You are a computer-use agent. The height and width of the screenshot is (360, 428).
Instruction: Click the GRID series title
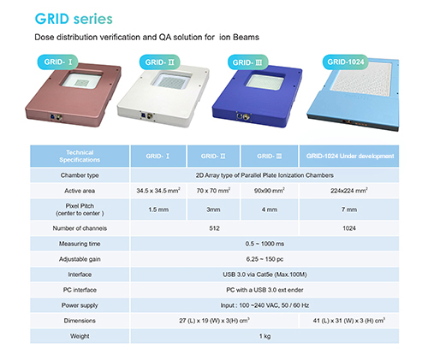[x=74, y=19]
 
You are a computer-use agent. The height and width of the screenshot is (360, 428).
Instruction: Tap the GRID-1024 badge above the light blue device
[x=346, y=62]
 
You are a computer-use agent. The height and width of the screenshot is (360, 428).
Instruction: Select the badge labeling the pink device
[x=57, y=62]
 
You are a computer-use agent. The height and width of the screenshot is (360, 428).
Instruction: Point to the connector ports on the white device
[x=146, y=115]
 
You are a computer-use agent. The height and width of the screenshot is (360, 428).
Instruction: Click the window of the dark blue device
[x=265, y=81]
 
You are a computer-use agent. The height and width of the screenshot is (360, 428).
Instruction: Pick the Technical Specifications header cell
[x=80, y=156]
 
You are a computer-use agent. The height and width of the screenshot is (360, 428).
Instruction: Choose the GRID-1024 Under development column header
[x=349, y=156]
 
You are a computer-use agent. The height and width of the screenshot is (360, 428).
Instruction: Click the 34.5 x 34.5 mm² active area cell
[x=158, y=191]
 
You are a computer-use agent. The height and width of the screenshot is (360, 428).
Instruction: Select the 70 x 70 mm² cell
[x=213, y=191]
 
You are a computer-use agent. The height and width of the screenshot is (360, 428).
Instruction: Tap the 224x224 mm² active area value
[x=349, y=191]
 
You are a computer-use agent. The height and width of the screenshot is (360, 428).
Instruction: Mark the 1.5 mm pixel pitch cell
[x=158, y=210]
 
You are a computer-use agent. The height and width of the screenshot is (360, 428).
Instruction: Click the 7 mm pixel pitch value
[x=349, y=210]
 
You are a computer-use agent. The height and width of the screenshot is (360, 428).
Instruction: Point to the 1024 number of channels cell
[x=349, y=228]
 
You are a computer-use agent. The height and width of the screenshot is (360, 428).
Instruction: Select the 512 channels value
[x=214, y=228]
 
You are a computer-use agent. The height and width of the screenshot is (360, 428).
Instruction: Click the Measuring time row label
[x=80, y=244]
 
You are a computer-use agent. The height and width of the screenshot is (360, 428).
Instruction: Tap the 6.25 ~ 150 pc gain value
[x=265, y=259]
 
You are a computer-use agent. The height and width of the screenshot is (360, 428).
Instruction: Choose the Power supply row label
[x=80, y=305]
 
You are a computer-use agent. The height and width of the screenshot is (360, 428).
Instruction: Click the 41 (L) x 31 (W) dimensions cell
[x=349, y=321]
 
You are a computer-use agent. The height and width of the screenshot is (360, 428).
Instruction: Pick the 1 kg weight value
[x=265, y=336]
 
